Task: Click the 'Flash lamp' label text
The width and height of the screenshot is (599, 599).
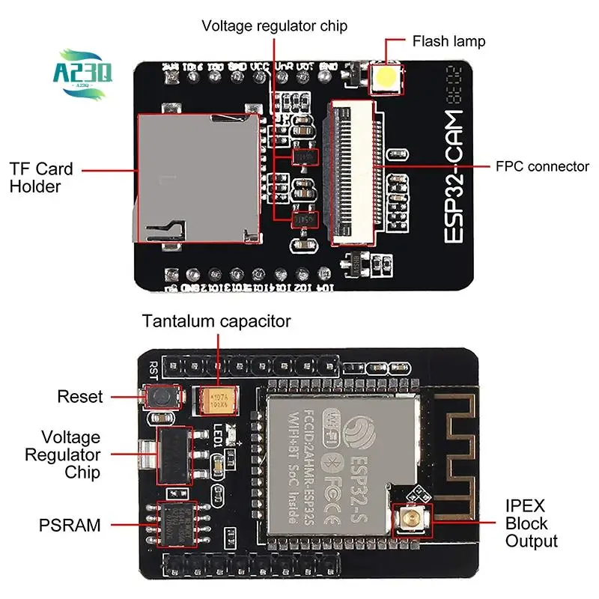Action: [x=449, y=40]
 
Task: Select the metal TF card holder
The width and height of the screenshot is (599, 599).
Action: [x=198, y=177]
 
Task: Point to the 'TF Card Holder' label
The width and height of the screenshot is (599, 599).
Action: [x=41, y=177]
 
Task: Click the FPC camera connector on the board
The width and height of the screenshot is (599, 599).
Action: [x=353, y=172]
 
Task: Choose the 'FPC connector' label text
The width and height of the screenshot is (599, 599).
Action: [x=542, y=166]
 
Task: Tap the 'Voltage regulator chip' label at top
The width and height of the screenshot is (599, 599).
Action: [x=274, y=26]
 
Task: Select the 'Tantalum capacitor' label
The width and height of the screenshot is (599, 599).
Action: [x=216, y=322]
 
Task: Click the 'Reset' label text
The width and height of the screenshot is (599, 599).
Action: [x=80, y=397]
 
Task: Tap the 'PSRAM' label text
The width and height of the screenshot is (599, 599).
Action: [x=70, y=525]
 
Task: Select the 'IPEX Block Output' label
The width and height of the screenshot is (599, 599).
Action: [x=531, y=523]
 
